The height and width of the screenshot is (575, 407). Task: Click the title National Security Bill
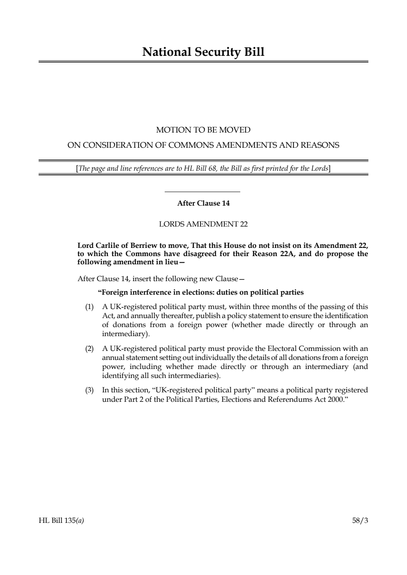[203, 52]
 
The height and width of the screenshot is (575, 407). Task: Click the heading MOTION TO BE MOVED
[203, 130]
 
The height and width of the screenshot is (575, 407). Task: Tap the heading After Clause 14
[203, 203]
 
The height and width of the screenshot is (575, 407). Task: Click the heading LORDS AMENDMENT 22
[203, 224]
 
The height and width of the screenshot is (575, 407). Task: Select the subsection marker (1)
[89, 307]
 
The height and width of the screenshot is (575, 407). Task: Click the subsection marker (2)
[89, 348]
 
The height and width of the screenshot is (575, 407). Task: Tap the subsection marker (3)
[89, 390]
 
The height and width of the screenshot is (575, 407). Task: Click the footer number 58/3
[360, 521]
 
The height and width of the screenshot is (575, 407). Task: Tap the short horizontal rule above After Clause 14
[202, 192]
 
